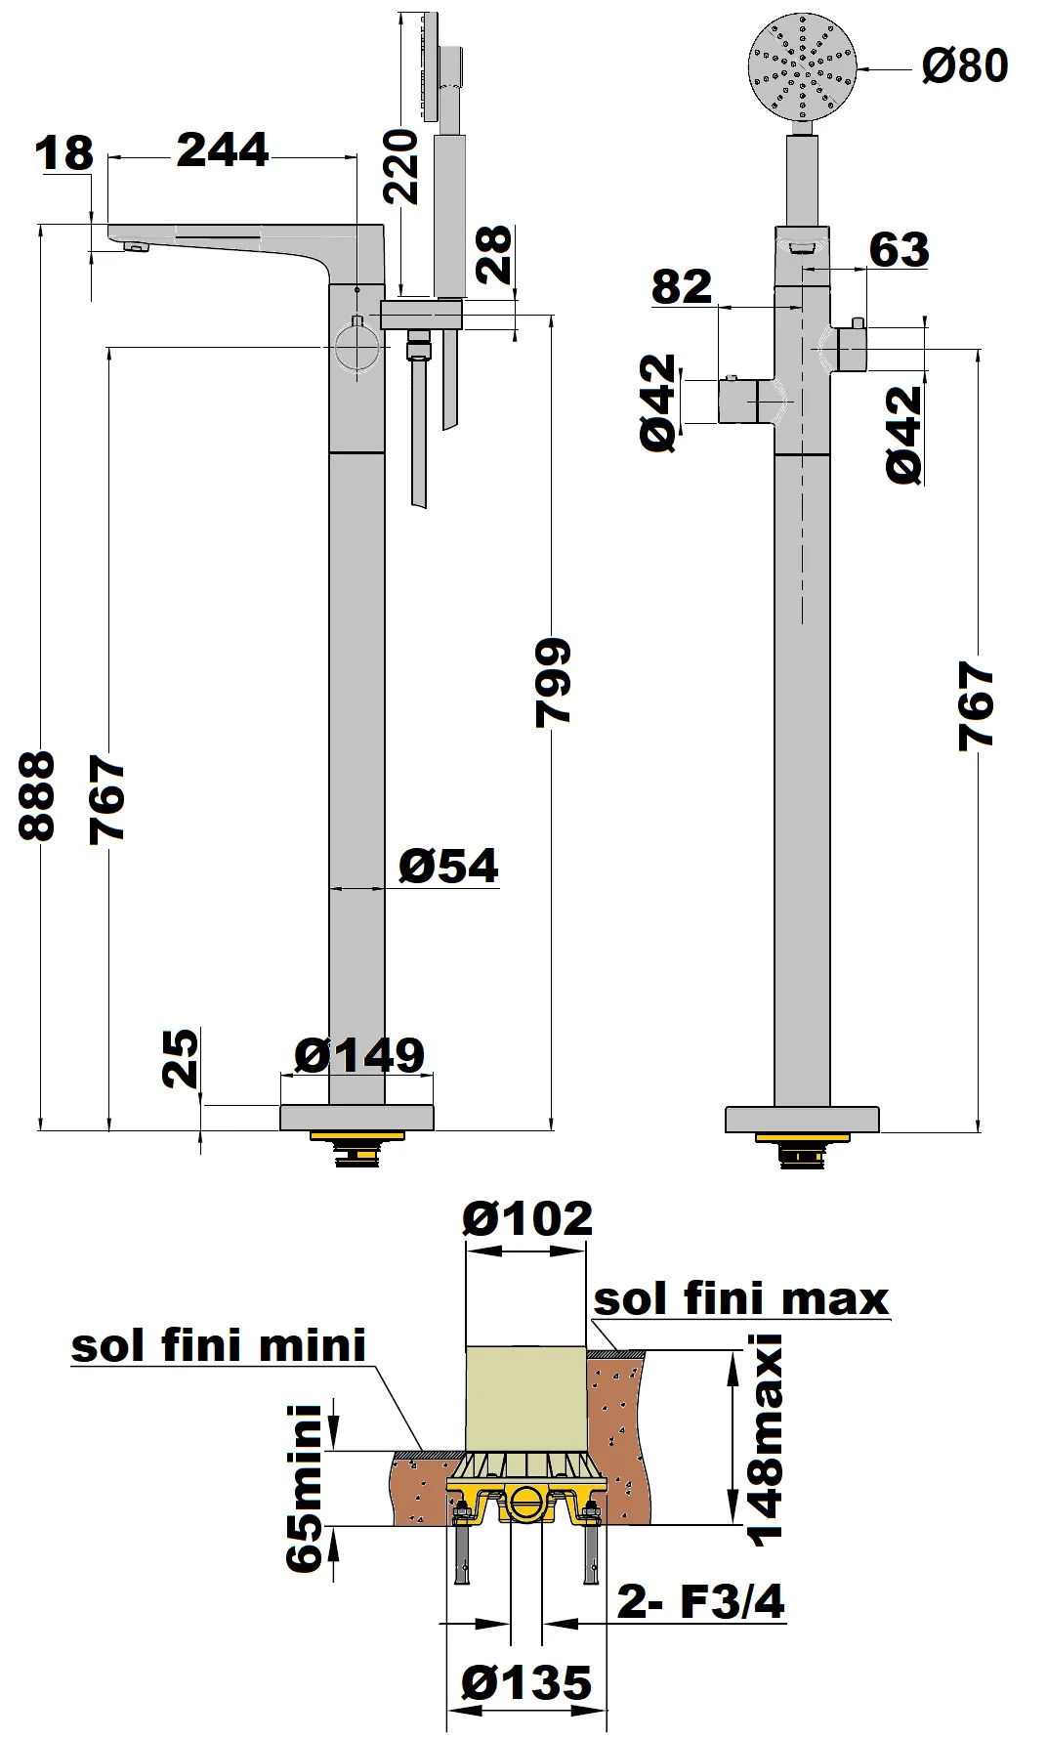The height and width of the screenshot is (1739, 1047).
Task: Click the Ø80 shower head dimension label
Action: (965, 66)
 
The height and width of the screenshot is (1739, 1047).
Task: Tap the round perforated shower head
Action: (802, 65)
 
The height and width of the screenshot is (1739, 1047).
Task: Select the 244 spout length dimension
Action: (223, 150)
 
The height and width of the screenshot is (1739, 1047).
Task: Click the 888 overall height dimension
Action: (37, 795)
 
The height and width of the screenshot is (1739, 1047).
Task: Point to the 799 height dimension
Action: (553, 682)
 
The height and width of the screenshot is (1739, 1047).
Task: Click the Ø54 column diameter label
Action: (448, 866)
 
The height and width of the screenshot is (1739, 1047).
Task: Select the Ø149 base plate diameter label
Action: (359, 1055)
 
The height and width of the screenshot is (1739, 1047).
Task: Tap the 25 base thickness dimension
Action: (181, 1058)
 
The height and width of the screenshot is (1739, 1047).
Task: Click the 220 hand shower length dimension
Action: (400, 166)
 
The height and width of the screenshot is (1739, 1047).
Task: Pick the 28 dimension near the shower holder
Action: (494, 254)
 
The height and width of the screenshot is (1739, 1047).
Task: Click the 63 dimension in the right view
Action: (899, 249)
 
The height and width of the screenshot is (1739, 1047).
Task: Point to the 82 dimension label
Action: (682, 286)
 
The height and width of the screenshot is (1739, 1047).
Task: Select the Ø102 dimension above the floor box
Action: (527, 1218)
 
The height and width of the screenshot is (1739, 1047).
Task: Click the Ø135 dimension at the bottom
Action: (526, 1683)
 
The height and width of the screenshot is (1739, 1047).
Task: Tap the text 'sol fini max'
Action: (741, 1298)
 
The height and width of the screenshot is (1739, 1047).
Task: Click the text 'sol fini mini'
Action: (219, 1345)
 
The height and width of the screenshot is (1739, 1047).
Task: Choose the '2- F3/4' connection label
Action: (700, 1601)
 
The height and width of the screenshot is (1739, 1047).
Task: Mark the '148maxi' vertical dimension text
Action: (765, 1439)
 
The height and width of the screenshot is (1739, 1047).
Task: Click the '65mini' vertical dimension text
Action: (305, 1488)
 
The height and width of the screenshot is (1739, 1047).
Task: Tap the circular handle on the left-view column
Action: (356, 349)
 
